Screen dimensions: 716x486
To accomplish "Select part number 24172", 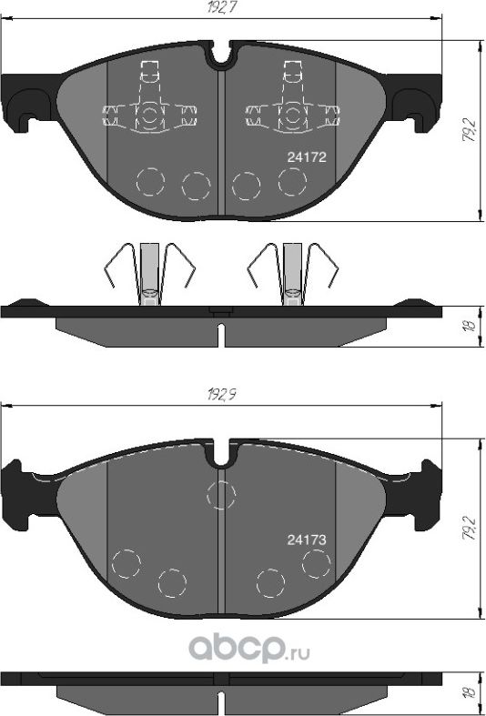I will click(x=307, y=156).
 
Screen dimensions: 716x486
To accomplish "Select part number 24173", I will click(x=307, y=539).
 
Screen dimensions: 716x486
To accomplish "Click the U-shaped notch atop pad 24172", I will click(x=220, y=55).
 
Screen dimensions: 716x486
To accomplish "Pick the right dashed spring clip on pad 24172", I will click(x=292, y=106).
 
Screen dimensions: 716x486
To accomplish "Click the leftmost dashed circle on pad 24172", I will click(x=151, y=181).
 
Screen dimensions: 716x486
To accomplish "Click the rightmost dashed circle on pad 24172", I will click(x=292, y=181).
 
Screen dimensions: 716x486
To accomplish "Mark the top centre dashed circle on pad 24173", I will click(x=221, y=495).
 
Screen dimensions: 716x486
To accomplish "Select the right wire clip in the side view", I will click(x=292, y=271).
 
